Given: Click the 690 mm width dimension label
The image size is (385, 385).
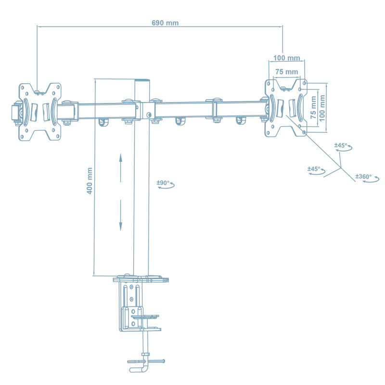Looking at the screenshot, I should click(x=165, y=23).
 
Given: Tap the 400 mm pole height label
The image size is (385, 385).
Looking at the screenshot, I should click(x=89, y=181).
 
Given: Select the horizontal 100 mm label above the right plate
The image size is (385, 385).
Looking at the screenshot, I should click(x=286, y=58).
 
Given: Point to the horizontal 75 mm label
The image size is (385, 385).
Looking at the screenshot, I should click(x=286, y=72).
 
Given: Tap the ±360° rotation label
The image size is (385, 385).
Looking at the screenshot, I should click(x=363, y=177).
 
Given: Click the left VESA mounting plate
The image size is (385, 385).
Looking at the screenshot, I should click(x=40, y=112).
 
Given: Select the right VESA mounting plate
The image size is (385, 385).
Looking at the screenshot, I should click(x=286, y=107).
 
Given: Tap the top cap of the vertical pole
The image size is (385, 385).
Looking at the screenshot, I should click(x=141, y=81).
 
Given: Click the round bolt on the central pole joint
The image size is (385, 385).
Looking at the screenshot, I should click(x=149, y=115).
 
